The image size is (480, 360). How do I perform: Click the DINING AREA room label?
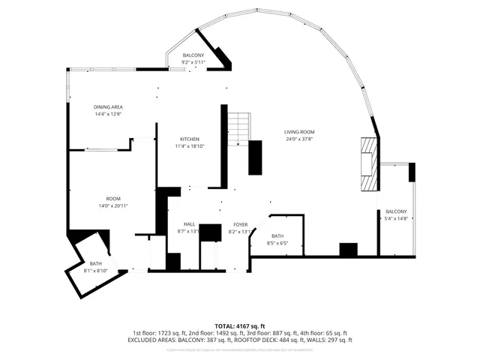(108, 107)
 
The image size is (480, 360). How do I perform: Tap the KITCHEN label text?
(189, 139)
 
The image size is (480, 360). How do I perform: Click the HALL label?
(189, 224)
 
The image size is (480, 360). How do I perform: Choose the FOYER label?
(240, 224)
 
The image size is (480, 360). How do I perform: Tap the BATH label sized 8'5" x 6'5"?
(277, 236)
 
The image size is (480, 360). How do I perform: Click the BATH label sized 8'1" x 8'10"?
(96, 263)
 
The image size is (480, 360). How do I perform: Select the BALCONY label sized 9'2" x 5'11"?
(193, 56)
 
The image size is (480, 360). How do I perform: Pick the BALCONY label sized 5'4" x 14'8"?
(396, 211)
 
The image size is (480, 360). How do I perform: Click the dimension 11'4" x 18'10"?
(189, 146)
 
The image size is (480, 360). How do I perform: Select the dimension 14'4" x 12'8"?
(108, 115)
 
